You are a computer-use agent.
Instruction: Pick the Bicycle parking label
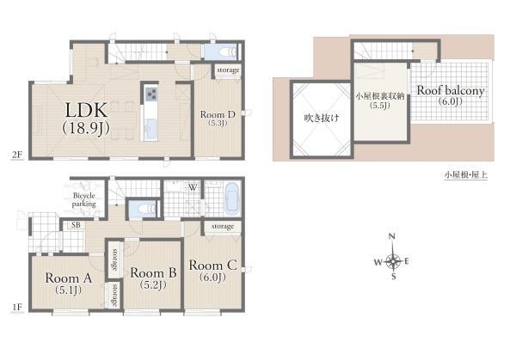tap(84, 199)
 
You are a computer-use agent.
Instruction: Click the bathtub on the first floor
tap(232, 199)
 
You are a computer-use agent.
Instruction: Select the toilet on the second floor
tap(228, 52)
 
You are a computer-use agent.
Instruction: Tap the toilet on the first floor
tap(146, 209)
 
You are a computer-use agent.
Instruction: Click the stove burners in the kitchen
tap(151, 95)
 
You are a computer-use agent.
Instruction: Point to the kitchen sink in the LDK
tap(151, 129)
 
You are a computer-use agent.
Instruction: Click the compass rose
tap(392, 261)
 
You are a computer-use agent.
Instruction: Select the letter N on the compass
tap(391, 236)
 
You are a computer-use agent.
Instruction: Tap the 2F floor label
tap(17, 155)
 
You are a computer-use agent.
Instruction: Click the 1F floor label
tap(17, 307)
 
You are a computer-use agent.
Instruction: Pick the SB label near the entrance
tap(76, 225)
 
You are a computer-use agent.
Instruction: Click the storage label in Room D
tap(228, 70)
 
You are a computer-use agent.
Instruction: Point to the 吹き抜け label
tap(321, 118)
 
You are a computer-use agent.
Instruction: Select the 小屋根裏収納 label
tap(380, 96)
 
